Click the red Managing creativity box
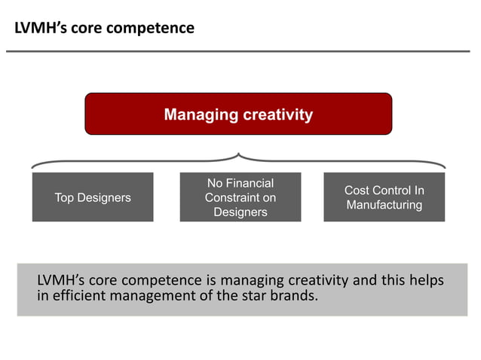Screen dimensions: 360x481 click(x=238, y=114)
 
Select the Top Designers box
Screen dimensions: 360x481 click(x=93, y=197)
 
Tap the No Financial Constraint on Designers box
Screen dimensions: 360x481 click(x=240, y=197)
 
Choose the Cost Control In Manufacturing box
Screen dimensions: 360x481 click(x=384, y=197)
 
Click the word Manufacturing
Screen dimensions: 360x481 click(x=384, y=205)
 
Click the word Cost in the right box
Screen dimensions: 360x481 click(x=358, y=191)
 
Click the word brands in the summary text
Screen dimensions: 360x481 click(x=293, y=294)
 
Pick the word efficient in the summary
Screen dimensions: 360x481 click(x=79, y=294)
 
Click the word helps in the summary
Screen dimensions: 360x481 click(x=424, y=281)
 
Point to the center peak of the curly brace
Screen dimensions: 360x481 click(x=238, y=155)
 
